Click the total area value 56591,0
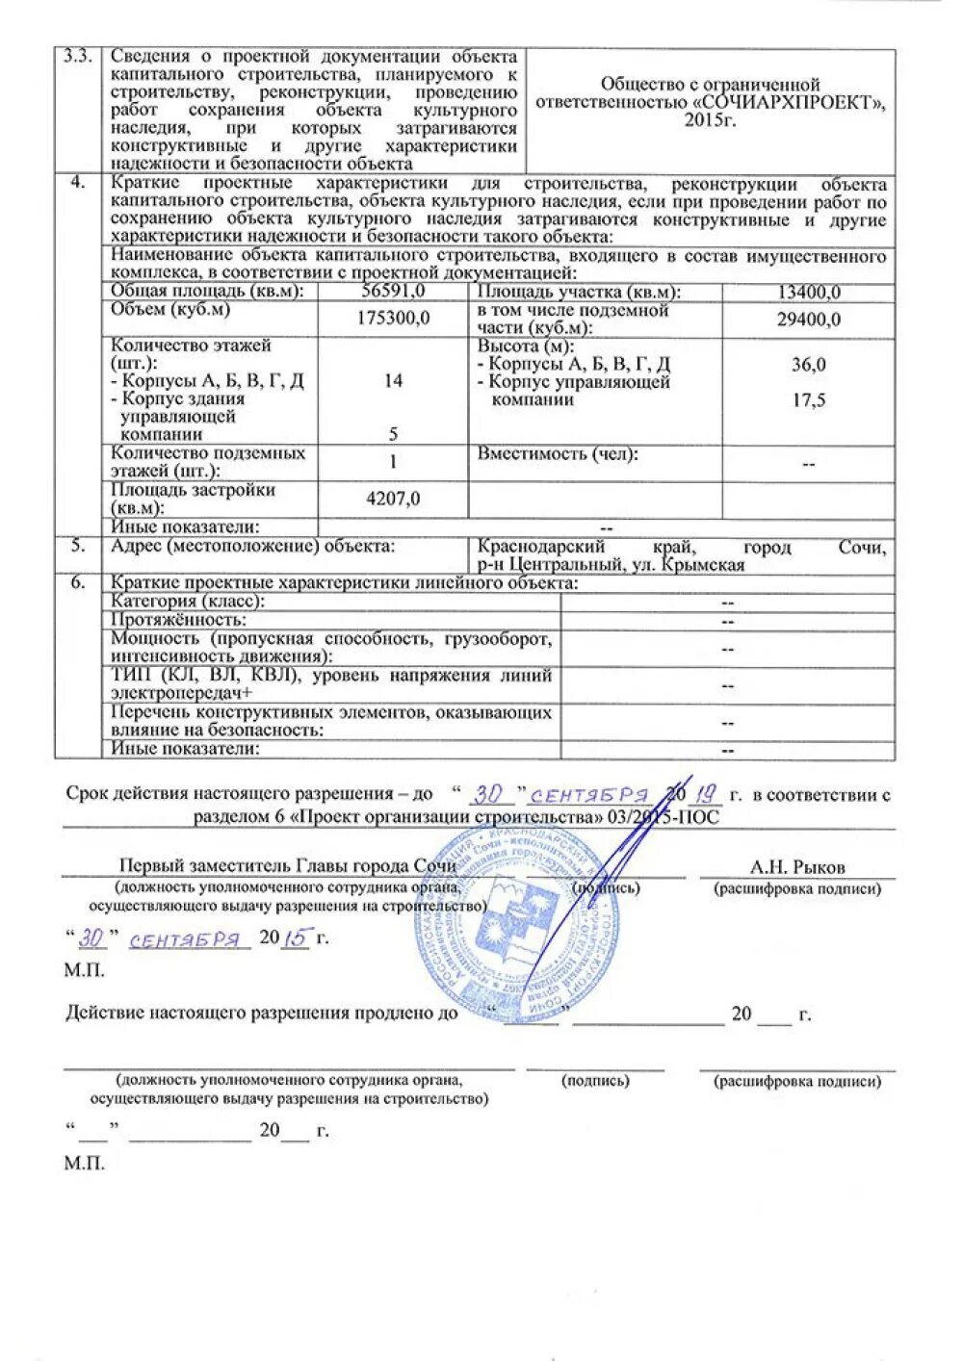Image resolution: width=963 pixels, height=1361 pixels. tap(393, 292)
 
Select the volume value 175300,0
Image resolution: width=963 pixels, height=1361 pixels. tap(393, 318)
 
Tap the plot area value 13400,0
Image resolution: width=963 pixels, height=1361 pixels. tap(809, 293)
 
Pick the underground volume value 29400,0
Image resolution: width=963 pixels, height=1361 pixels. tap(809, 320)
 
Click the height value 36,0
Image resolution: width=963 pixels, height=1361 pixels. tap(809, 365)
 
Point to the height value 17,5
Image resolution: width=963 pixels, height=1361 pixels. tap(809, 400)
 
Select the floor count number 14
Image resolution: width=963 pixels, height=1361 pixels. tap(393, 380)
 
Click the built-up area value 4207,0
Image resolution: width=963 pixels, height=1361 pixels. tap(393, 499)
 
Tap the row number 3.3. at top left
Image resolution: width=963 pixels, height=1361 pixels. tap(77, 56)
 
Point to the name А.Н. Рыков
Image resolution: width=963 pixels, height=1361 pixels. tap(797, 866)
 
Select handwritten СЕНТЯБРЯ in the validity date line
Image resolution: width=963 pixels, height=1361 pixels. tap(589, 795)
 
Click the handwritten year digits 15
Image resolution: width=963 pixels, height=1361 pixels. tap(298, 937)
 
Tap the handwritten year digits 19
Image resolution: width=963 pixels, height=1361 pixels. tap(707, 794)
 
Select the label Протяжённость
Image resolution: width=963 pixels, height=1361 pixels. tap(178, 620)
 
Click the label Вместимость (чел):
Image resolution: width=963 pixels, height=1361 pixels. tap(558, 453)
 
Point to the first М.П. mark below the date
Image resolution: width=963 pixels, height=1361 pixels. tap(85, 970)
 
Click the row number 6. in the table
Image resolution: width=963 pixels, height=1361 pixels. tap(78, 582)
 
